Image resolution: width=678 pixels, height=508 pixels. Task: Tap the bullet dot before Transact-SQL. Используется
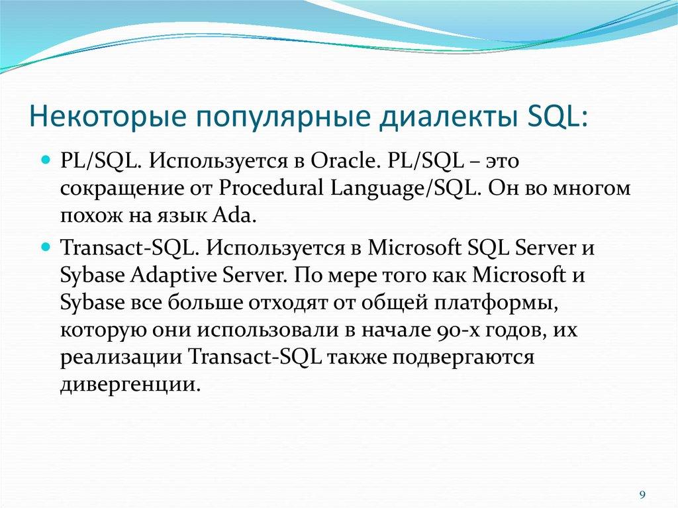[x=46, y=246]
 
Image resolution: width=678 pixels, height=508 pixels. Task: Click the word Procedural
[x=269, y=189]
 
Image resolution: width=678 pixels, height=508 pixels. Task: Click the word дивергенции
[x=129, y=385]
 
